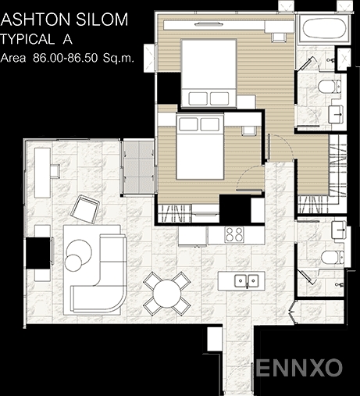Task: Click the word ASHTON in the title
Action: click(x=36, y=20)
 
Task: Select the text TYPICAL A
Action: click(x=37, y=39)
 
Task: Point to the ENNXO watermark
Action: click(x=299, y=368)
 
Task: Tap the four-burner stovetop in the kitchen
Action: click(x=234, y=234)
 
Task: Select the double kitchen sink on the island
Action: click(x=246, y=280)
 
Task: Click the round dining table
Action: click(x=167, y=294)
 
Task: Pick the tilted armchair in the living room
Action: click(x=85, y=209)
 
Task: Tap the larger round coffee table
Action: click(x=79, y=252)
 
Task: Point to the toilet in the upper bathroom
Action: click(x=330, y=86)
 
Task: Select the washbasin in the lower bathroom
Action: click(x=339, y=230)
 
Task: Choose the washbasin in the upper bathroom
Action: click(x=336, y=114)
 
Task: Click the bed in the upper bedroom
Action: click(x=209, y=73)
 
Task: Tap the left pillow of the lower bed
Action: click(x=187, y=124)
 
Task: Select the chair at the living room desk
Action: click(x=55, y=171)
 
